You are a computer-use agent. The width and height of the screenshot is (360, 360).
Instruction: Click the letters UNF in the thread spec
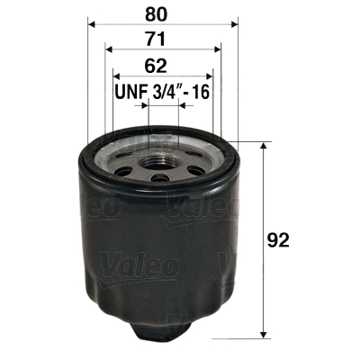pos(131,92)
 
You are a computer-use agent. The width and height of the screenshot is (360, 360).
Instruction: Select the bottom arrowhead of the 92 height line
pos(264,334)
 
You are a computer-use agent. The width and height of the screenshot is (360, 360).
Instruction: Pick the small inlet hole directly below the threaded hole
pos(162,177)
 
